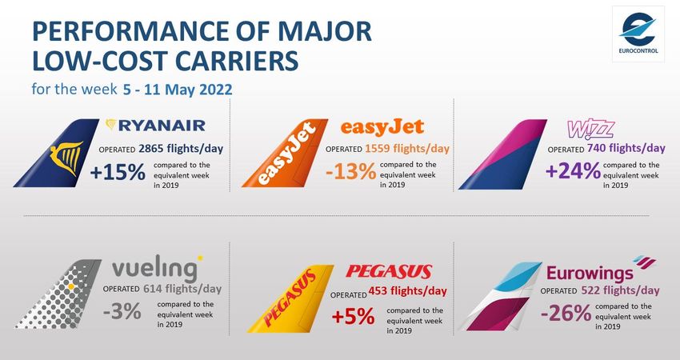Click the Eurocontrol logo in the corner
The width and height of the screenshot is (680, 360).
click(x=638, y=34)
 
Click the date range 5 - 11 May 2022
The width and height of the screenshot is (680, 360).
click(x=178, y=90)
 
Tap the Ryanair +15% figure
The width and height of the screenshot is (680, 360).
click(x=118, y=173)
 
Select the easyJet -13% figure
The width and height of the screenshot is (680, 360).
click(x=350, y=172)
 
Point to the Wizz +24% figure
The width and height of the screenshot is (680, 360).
click(x=573, y=170)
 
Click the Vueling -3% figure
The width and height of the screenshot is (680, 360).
click(x=122, y=311)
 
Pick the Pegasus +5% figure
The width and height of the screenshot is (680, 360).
click(x=353, y=316)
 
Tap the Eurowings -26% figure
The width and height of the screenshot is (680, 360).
click(x=566, y=313)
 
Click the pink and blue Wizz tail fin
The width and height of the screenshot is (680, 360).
click(x=502, y=154)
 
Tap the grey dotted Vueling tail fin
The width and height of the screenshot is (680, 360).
click(x=58, y=294)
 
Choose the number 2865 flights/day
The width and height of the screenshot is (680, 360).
click(x=181, y=149)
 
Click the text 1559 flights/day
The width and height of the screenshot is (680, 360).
click(x=407, y=149)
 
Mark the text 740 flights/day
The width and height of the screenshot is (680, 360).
click(x=626, y=148)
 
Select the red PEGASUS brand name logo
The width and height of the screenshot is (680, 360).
click(x=389, y=272)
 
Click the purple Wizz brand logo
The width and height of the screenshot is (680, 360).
click(x=590, y=130)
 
